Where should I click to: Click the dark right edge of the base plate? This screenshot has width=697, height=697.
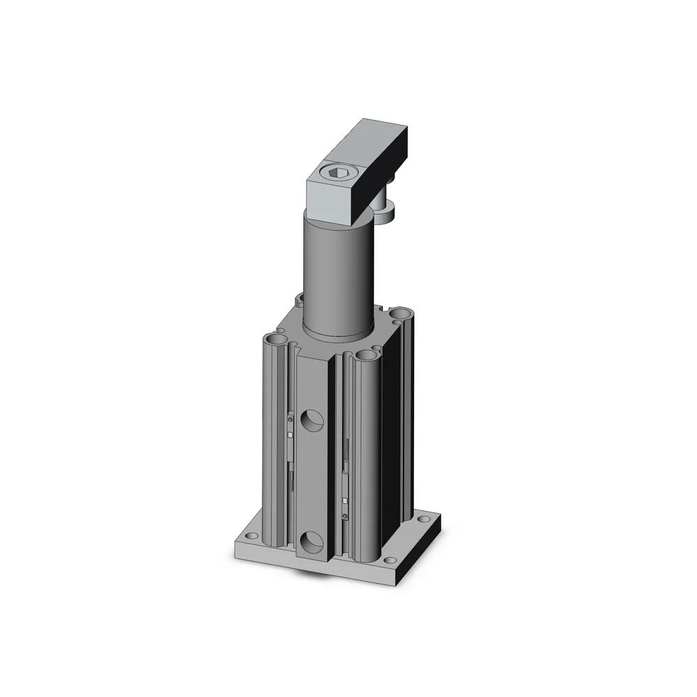pyautogui.click(x=423, y=551)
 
